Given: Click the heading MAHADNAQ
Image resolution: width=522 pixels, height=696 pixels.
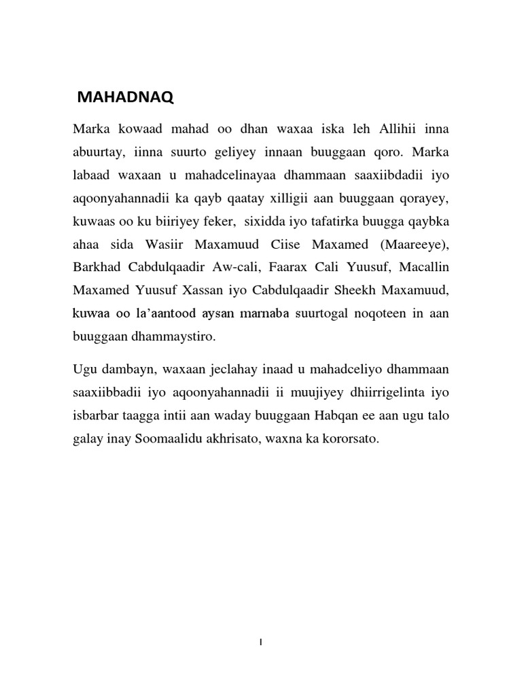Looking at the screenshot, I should [x=126, y=99].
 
